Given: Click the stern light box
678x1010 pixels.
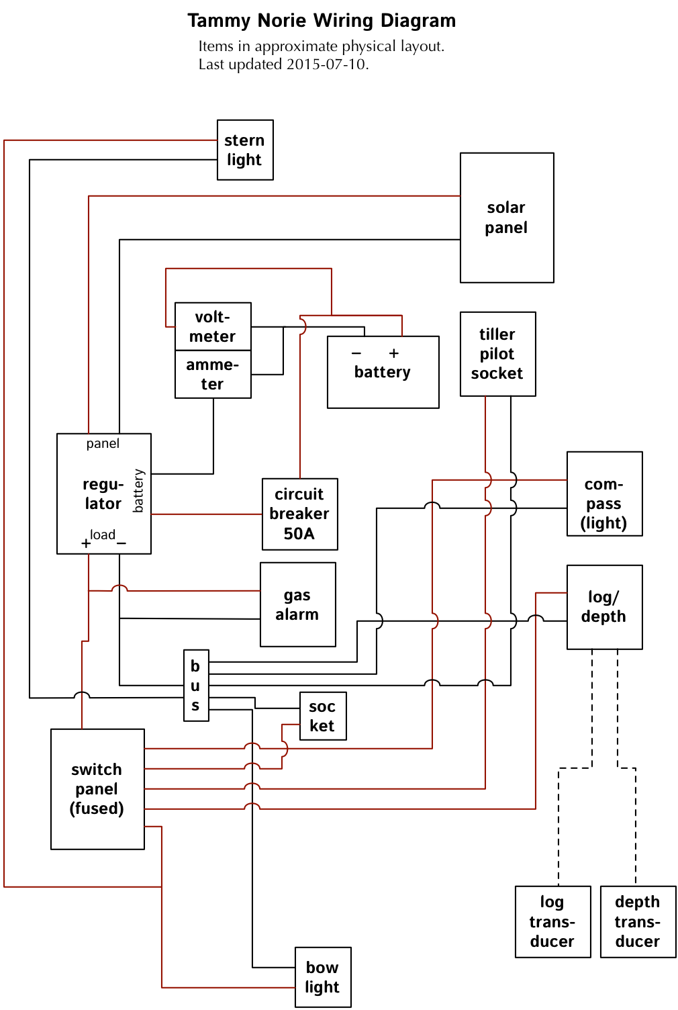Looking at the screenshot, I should [x=245, y=150].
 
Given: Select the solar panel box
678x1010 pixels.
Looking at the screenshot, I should [x=507, y=218].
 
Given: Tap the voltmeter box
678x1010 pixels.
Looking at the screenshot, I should [x=213, y=326].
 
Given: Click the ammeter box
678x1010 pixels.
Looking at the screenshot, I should [x=213, y=374].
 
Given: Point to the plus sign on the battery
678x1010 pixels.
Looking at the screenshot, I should [x=394, y=353].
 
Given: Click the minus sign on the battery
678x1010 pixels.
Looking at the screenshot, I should [x=356, y=353].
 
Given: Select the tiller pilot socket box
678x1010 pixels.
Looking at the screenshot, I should [x=497, y=354].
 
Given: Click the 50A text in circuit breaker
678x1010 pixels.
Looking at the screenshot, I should [x=299, y=534].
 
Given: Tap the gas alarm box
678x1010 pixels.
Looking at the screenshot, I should [x=297, y=604].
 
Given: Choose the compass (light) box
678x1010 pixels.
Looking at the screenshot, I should [x=604, y=494].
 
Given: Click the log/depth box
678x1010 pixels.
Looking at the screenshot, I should [x=604, y=607].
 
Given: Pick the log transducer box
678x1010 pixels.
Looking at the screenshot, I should [x=552, y=921].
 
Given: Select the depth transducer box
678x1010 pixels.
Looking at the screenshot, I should [x=638, y=921].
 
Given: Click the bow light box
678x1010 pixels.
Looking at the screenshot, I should [x=323, y=977].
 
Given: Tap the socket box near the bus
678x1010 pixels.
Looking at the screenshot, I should [x=323, y=716].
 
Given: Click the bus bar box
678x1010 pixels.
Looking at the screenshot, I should [x=196, y=686].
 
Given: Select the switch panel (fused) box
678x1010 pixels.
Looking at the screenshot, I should [x=97, y=789].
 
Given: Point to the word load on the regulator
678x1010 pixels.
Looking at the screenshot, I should [x=103, y=535].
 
